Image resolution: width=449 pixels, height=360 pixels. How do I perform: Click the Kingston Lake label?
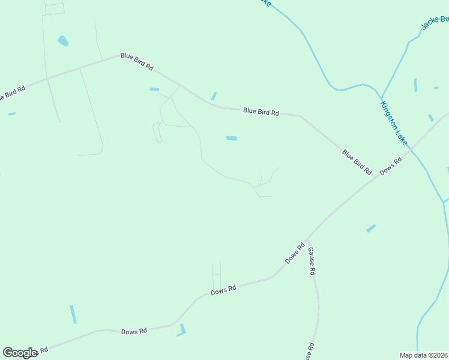393,122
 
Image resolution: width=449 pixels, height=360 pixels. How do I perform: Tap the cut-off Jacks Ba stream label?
435,22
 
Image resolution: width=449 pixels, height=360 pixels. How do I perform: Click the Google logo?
20,353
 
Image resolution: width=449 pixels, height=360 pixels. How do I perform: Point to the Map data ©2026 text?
424,355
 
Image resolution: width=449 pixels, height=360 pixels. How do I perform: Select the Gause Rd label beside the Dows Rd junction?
312,262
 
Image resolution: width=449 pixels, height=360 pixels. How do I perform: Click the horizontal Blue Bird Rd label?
261,112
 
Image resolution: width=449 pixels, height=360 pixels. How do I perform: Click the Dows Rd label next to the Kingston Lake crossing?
390,167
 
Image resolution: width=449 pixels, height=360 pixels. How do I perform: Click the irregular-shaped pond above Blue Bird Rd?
62,41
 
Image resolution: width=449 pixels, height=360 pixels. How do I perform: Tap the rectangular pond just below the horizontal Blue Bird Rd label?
231,139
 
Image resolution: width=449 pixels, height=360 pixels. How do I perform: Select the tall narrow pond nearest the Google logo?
73,314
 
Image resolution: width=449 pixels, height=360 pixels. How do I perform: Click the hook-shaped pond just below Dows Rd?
182,330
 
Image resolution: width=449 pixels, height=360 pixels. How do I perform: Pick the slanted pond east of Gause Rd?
371,228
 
